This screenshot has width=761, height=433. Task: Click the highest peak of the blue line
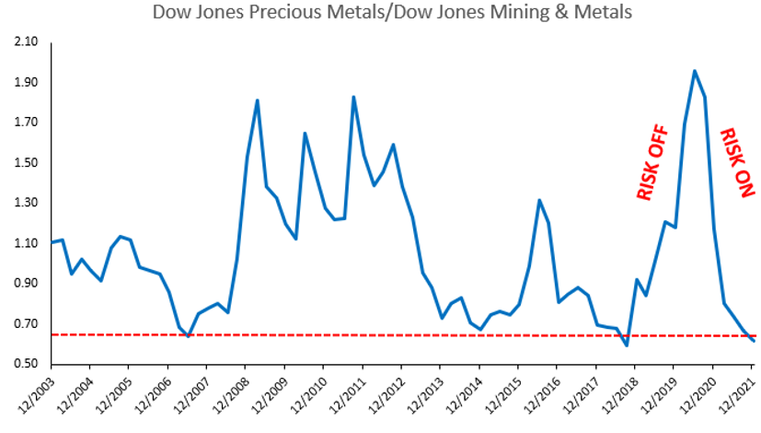[695, 71]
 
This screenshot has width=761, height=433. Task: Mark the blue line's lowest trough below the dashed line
[627, 345]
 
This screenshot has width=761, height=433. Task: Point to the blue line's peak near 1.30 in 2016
[539, 200]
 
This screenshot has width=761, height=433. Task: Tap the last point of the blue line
[754, 341]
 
